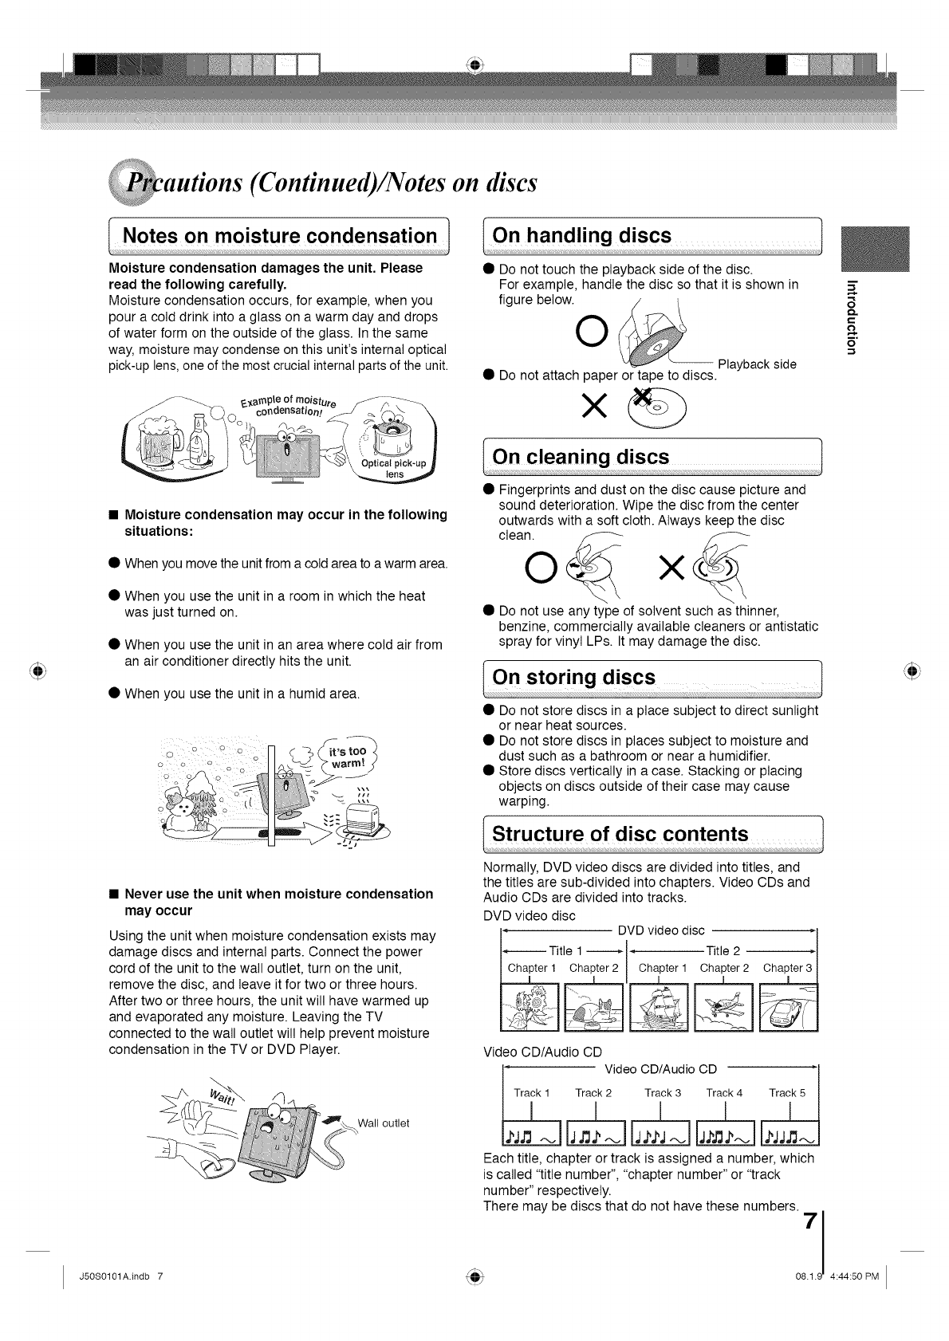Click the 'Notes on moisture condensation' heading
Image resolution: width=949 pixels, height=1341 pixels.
(x=280, y=236)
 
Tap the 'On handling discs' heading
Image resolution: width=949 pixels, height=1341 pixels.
(x=582, y=236)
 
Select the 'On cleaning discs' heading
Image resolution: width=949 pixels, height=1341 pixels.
(x=581, y=457)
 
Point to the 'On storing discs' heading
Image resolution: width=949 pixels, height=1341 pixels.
(x=573, y=678)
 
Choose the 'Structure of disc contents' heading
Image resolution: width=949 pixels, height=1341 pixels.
(x=620, y=835)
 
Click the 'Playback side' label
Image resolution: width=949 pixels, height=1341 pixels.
(x=757, y=364)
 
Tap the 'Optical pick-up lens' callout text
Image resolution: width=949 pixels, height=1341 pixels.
(x=394, y=469)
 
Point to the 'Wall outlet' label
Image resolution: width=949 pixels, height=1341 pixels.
(x=384, y=1123)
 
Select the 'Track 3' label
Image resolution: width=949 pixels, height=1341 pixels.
(x=663, y=1093)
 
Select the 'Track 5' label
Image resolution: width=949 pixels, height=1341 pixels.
(x=787, y=1093)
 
